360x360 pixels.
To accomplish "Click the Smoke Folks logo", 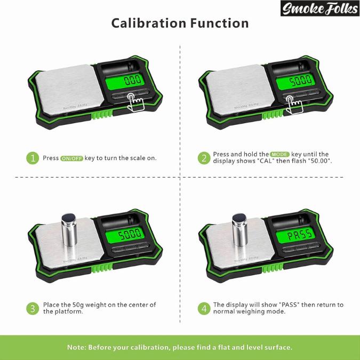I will pyautogui.click(x=319, y=8).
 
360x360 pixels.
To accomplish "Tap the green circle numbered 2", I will pyautogui.click(x=204, y=158).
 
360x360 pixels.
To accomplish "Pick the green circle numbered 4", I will pyautogui.click(x=204, y=308).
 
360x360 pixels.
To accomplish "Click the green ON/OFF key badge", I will pyautogui.click(x=72, y=158).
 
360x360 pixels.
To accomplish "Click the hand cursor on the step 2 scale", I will pyautogui.click(x=290, y=103).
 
